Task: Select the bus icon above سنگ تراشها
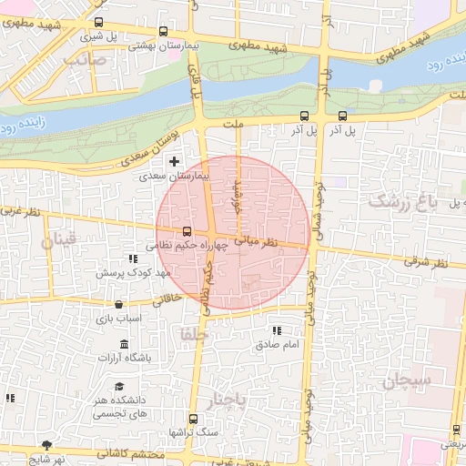192,419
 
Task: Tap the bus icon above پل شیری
98,23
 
